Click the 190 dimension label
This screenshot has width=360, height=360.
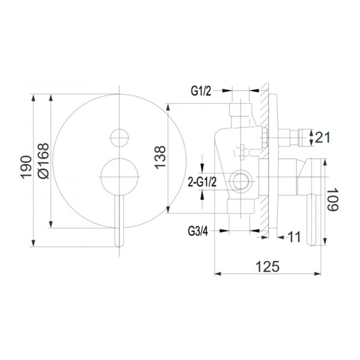pyautogui.click(x=26, y=167)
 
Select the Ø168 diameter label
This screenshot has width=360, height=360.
pyautogui.click(x=43, y=161)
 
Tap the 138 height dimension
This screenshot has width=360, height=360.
pyautogui.click(x=160, y=157)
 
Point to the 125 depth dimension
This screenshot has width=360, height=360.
pyautogui.click(x=268, y=266)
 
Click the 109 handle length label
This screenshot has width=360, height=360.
pyautogui.click(x=332, y=199)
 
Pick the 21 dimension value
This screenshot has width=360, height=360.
pyautogui.click(x=323, y=137)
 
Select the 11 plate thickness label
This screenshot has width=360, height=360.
pyautogui.click(x=294, y=237)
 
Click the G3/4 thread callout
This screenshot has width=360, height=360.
pyautogui.click(x=198, y=231)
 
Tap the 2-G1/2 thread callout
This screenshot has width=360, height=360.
pyautogui.click(x=202, y=182)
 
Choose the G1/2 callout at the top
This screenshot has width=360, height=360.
pyautogui.click(x=200, y=91)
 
